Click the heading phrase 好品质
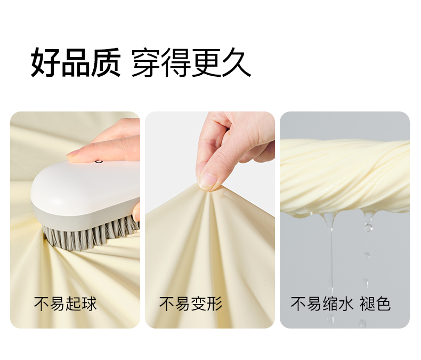click(x=76, y=63)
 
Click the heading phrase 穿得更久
click(x=191, y=63)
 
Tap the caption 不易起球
click(x=65, y=304)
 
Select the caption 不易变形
click(x=191, y=304)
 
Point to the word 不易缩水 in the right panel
click(x=322, y=304)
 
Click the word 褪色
click(x=375, y=304)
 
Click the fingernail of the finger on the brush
click(x=72, y=154)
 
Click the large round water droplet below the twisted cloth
click(x=368, y=228)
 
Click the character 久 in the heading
click(x=237, y=63)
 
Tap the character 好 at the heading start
click(x=45, y=63)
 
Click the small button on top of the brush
click(x=99, y=161)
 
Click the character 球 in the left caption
click(x=89, y=304)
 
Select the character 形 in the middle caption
click(x=215, y=304)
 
